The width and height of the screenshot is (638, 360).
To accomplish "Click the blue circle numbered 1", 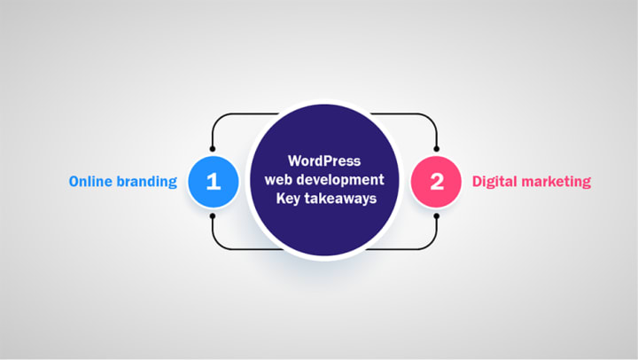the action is (x=213, y=182).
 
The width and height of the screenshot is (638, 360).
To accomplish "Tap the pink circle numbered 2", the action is (x=436, y=182).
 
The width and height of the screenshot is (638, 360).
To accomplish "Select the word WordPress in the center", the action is (x=324, y=162).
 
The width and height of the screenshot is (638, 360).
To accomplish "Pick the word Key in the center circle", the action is (x=287, y=199).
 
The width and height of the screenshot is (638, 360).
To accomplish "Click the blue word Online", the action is (x=93, y=182).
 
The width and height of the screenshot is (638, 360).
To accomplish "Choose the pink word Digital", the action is (x=496, y=182).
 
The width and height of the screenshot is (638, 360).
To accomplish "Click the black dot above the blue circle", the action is (x=213, y=146).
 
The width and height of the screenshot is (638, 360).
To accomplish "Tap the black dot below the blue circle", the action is (x=213, y=216).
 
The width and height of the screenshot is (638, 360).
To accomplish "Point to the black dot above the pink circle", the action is (x=436, y=146).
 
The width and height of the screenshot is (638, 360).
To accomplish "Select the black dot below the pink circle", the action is (x=436, y=216).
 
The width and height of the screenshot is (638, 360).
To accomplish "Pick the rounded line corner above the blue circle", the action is (x=216, y=117).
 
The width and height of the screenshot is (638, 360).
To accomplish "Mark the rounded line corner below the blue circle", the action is (x=216, y=245).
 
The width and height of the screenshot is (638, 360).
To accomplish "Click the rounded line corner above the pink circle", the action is (x=432, y=117).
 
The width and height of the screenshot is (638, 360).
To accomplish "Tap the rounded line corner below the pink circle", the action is (x=432, y=245).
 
